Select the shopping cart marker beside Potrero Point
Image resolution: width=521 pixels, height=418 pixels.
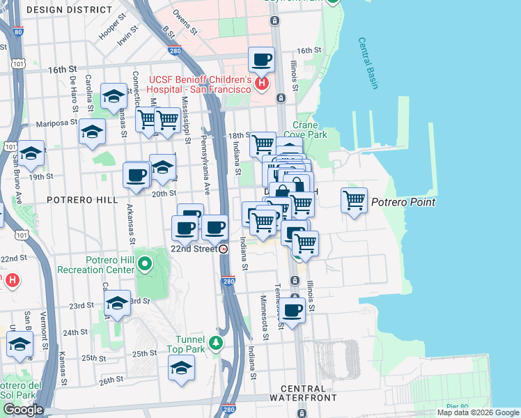coord(355,201)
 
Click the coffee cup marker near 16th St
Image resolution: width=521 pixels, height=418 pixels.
coord(261,59)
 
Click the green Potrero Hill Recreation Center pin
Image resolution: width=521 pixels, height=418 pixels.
coord(145,263)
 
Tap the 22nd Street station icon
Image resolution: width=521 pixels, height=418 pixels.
coord(223,249)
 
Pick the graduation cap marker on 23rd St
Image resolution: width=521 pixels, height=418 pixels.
coord(117,303)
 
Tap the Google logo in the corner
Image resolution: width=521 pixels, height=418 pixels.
coord(22,410)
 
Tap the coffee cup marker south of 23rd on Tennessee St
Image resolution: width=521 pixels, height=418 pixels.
coord(293,311)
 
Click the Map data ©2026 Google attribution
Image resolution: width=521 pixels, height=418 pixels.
coord(478,412)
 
